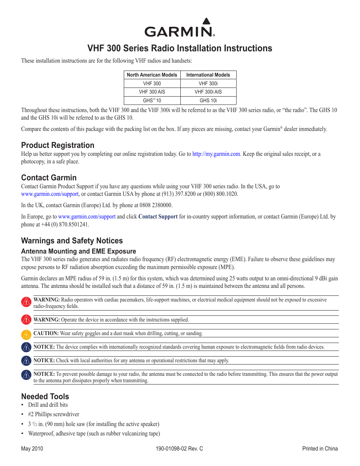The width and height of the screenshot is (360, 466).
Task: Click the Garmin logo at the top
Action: [x=180, y=28]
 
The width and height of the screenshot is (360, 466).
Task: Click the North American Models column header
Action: [x=152, y=75]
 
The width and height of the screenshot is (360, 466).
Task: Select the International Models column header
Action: [x=208, y=75]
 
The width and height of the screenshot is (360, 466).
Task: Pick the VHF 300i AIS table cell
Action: [x=208, y=92]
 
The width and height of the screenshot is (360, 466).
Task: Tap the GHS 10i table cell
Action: [x=208, y=101]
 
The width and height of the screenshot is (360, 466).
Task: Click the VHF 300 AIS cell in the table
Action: [x=152, y=92]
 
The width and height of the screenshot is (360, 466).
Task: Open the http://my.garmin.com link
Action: [x=216, y=154]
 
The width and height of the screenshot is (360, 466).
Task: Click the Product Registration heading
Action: [x=58, y=145]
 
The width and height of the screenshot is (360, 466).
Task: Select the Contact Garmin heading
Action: [x=49, y=178]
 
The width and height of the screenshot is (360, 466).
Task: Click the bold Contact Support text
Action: [x=158, y=217]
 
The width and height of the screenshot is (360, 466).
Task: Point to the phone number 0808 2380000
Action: [x=156, y=205]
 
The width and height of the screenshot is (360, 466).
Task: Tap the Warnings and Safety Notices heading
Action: [x=72, y=241]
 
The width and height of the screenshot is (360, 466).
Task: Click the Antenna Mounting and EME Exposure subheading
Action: [x=78, y=251]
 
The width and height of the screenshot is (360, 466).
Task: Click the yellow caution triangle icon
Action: [x=26, y=334]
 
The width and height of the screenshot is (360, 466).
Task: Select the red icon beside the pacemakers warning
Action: [x=26, y=302]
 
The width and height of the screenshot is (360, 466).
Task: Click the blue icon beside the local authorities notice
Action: [x=26, y=361]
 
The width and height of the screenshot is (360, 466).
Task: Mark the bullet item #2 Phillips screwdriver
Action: [x=54, y=414]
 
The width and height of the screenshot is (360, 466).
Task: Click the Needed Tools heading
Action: [x=45, y=397]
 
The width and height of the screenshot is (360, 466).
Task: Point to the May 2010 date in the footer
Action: [x=32, y=449]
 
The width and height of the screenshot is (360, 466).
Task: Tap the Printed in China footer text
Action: [x=320, y=449]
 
